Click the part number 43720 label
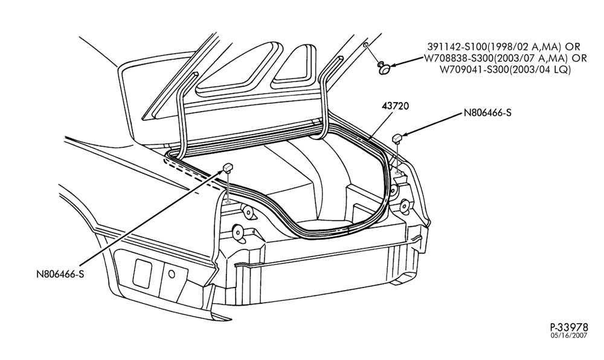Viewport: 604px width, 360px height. (395, 106)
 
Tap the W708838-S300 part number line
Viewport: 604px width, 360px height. (506, 59)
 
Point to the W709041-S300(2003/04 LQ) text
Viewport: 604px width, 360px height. (506, 70)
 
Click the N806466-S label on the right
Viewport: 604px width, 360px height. (487, 113)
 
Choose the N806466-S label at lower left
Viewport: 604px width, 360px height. (60, 274)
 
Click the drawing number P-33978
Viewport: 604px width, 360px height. (569, 327)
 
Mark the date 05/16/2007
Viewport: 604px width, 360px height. (569, 335)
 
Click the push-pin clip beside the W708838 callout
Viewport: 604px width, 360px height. (382, 68)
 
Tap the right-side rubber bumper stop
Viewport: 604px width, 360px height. (397, 138)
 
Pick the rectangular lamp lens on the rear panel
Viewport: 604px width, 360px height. (142, 273)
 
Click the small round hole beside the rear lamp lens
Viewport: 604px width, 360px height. (172, 274)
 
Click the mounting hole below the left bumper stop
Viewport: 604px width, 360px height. (228, 201)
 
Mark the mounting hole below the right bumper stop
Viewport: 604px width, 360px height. (397, 169)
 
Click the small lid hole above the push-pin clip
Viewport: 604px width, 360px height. (365, 45)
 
